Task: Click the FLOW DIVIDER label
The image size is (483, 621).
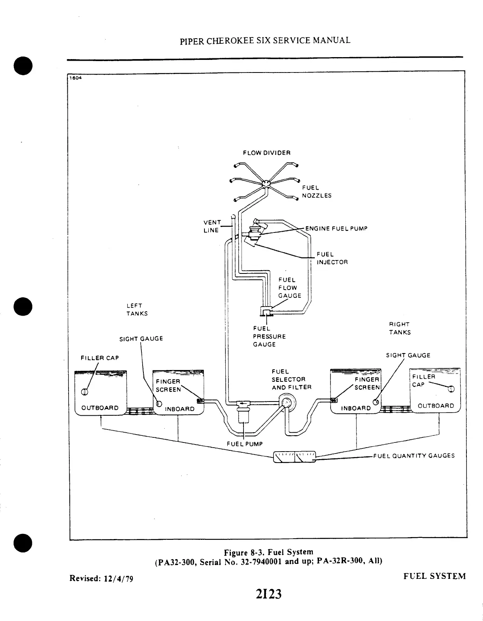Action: coord(266,153)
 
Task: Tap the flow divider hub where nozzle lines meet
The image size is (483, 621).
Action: coord(266,183)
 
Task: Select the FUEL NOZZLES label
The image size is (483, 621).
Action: coord(316,192)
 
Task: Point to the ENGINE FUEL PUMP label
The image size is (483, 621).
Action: coord(336,229)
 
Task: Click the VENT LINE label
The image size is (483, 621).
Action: coord(212,226)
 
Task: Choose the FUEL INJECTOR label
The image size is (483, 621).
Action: coord(332,258)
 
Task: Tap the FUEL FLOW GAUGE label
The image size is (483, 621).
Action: coord(290,288)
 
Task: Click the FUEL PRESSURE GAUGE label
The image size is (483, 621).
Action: coord(269,337)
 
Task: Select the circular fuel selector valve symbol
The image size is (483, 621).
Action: coord(287,403)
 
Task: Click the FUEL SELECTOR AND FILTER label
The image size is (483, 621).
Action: coord(291,379)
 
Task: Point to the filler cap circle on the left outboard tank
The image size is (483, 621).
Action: coord(84,392)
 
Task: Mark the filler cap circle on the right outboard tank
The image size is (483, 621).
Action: coord(451,389)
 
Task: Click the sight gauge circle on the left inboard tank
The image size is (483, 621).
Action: coord(159,404)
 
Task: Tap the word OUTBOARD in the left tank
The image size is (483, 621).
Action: coord(100,408)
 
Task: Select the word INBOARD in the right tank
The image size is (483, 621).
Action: coord(356,408)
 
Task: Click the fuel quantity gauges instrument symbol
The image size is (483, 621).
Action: coord(295,457)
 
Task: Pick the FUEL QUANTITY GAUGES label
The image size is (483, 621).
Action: coord(414,456)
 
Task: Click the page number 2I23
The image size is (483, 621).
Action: coord(268,594)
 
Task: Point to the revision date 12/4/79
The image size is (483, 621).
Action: coord(119,578)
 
